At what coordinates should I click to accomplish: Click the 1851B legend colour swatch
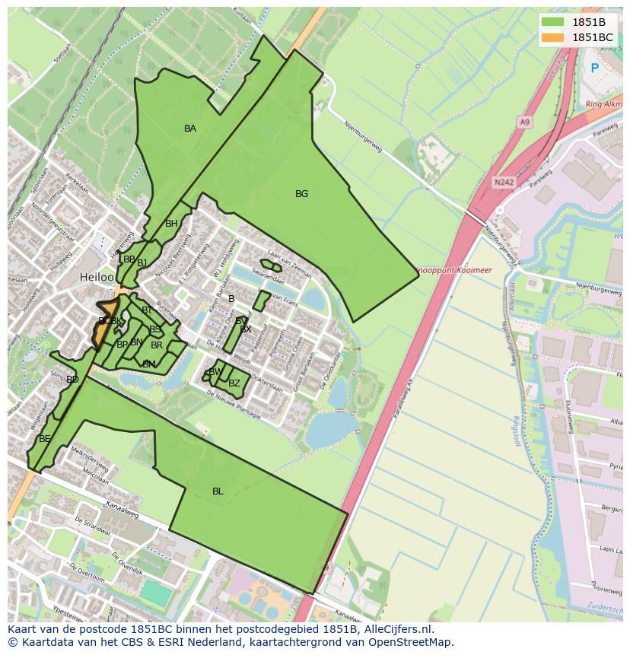pos(553,22)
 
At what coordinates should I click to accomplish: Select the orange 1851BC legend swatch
pos(553,37)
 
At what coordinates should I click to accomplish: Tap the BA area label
pos(190,129)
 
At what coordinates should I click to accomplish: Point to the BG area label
pos(302,194)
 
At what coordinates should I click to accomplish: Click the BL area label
pos(218,491)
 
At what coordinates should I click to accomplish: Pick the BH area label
pos(171,224)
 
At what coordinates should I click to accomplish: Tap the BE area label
pos(45,439)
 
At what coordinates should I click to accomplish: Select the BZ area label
pos(234,383)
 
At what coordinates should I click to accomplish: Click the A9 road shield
pos(524,121)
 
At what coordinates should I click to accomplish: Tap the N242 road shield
pos(502,182)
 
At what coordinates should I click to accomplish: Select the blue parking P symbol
pos(595,68)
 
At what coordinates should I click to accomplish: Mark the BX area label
pos(246,329)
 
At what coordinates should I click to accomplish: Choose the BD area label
pos(72,379)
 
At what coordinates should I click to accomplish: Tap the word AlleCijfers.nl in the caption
pos(395,630)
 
